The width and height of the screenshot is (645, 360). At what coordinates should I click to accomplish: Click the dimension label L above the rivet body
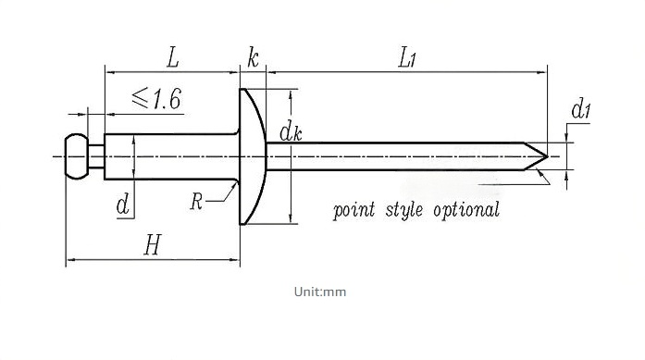pyautogui.click(x=173, y=57)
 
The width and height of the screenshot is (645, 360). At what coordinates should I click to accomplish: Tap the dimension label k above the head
pyautogui.click(x=253, y=57)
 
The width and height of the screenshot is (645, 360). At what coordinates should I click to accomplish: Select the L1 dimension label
pyautogui.click(x=407, y=57)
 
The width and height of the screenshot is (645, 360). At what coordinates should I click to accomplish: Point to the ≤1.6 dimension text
pyautogui.click(x=156, y=99)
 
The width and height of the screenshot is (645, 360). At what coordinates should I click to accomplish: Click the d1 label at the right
pyautogui.click(x=581, y=109)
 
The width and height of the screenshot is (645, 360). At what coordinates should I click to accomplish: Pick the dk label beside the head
pyautogui.click(x=291, y=132)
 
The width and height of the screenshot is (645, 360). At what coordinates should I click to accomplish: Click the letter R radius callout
pyautogui.click(x=196, y=201)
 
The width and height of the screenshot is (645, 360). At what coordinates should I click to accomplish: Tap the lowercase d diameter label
pyautogui.click(x=123, y=205)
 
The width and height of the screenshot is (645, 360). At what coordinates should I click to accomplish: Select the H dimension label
pyautogui.click(x=153, y=245)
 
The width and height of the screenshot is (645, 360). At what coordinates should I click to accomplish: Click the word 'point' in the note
pyautogui.click(x=354, y=210)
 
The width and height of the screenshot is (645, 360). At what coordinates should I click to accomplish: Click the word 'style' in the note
pyautogui.click(x=404, y=210)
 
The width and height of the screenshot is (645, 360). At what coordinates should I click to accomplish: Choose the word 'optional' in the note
pyautogui.click(x=466, y=210)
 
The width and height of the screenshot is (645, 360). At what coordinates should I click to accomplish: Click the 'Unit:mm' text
pyautogui.click(x=320, y=292)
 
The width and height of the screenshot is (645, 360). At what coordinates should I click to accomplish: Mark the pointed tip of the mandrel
pyautogui.click(x=548, y=156)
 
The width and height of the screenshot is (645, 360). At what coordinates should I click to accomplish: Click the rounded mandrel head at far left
pyautogui.click(x=77, y=156)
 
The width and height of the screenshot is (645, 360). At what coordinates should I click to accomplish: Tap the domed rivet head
pyautogui.click(x=253, y=156)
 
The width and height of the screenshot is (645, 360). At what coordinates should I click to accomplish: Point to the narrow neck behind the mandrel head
pyautogui.click(x=96, y=156)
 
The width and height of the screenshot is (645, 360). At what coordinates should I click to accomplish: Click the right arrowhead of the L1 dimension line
pyautogui.click(x=542, y=72)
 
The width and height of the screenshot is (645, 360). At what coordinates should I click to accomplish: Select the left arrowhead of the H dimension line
pyautogui.click(x=71, y=260)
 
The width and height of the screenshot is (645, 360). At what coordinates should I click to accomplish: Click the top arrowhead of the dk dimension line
pyautogui.click(x=291, y=95)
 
